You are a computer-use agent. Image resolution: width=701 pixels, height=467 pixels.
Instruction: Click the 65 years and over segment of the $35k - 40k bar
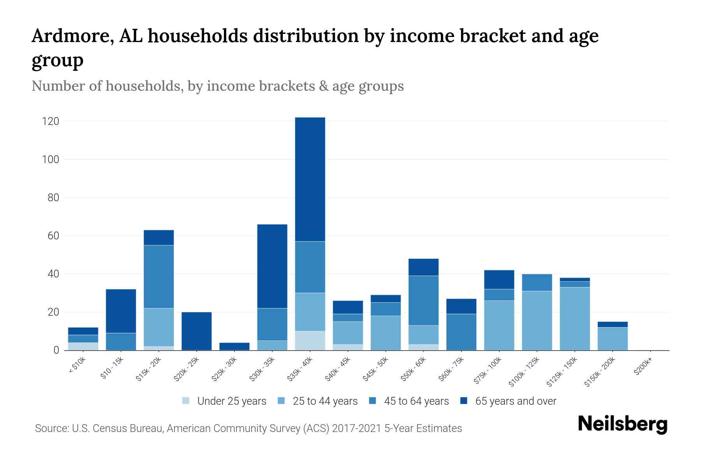[x=310, y=179]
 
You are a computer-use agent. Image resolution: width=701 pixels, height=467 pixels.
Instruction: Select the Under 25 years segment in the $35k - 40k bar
[x=310, y=341]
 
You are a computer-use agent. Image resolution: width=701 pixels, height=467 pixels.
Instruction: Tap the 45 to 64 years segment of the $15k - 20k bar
[x=159, y=276]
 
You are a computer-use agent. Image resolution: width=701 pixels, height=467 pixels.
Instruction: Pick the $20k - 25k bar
[x=197, y=331]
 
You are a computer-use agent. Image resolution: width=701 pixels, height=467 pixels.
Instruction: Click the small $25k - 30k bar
[x=234, y=346]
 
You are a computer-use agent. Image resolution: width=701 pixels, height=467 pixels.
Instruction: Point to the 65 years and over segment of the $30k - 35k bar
[x=272, y=266]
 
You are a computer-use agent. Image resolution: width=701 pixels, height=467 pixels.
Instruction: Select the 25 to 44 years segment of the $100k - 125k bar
[x=537, y=321]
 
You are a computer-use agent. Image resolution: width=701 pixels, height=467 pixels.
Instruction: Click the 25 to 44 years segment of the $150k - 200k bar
[x=613, y=339]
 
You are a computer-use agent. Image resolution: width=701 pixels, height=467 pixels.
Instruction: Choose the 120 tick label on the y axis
[x=51, y=121]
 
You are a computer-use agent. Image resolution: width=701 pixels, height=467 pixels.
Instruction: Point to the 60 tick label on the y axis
[x=53, y=236]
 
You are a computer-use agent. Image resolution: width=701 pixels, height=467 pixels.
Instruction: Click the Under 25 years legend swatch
[x=186, y=401]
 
